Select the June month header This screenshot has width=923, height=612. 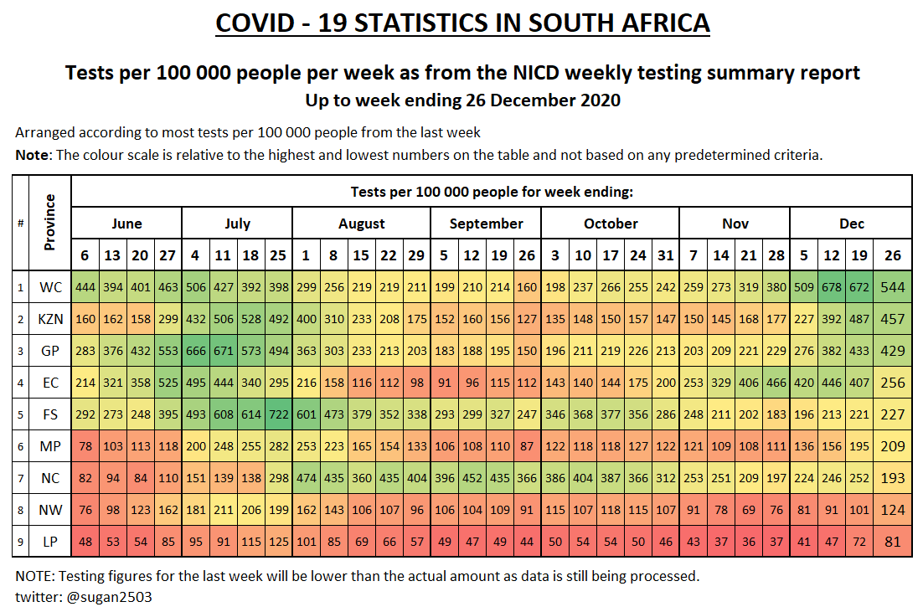pyautogui.click(x=126, y=224)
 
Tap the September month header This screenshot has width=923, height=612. pyautogui.click(x=486, y=224)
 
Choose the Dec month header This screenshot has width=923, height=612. pyautogui.click(x=851, y=224)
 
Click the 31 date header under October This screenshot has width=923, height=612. pyautogui.click(x=665, y=255)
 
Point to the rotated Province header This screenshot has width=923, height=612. pyautogui.click(x=50, y=223)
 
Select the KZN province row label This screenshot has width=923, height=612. pyautogui.click(x=50, y=319)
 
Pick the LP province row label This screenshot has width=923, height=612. pyautogui.click(x=50, y=542)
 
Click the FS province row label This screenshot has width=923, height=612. pyautogui.click(x=50, y=414)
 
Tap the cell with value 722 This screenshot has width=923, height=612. pyautogui.click(x=278, y=414)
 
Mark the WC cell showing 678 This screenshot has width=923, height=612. pyautogui.click(x=831, y=287)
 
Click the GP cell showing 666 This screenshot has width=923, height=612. pyautogui.click(x=195, y=351)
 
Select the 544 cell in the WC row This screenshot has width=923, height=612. pyautogui.click(x=893, y=287)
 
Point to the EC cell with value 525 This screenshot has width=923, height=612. pyautogui.click(x=168, y=383)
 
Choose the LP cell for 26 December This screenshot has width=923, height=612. pyautogui.click(x=893, y=542)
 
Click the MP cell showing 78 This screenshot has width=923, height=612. pyautogui.click(x=85, y=446)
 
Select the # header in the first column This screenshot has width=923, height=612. pyautogui.click(x=20, y=223)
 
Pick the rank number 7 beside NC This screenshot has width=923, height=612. pyautogui.click(x=20, y=478)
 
